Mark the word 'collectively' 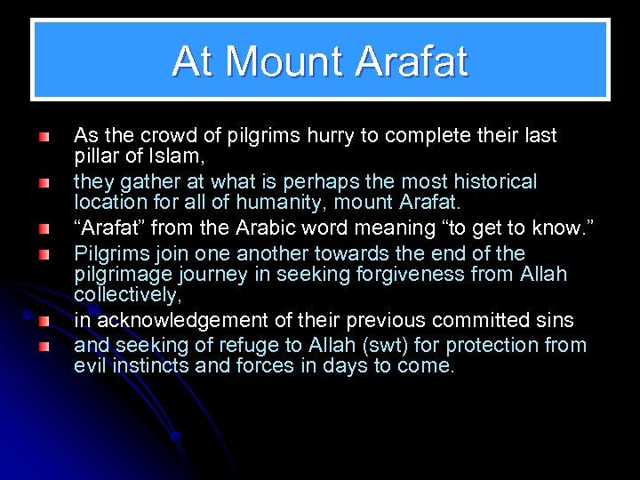click(x=128, y=296)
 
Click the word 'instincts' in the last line click(x=150, y=365)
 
